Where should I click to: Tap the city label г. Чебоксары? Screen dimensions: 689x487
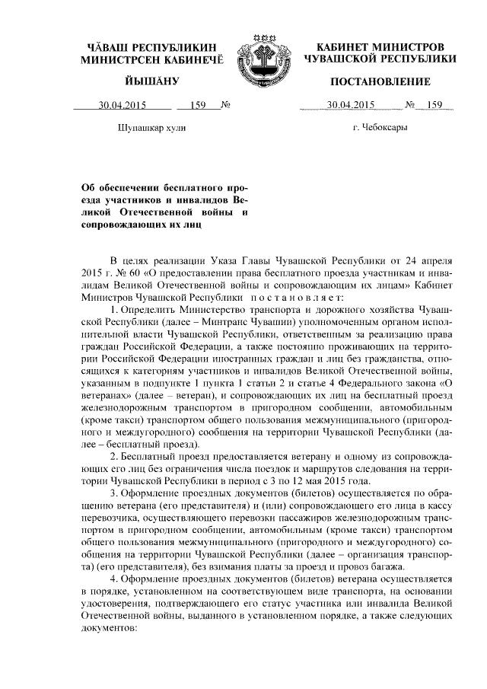380,128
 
